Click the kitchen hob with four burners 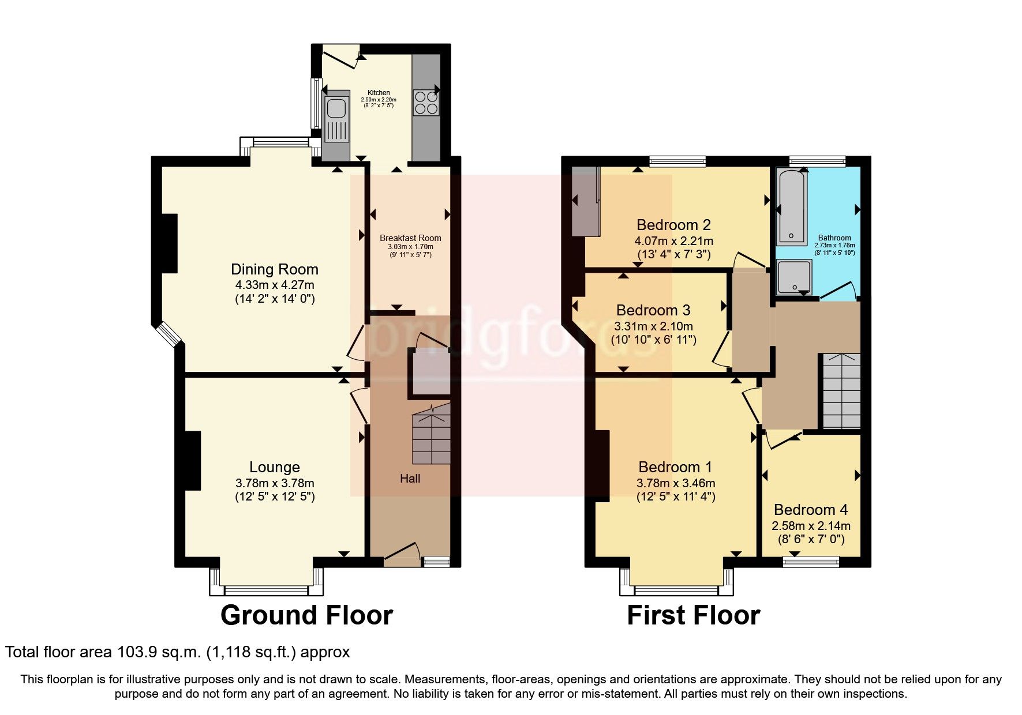point(426,102)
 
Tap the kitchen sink point(335,108)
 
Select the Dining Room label point(274,269)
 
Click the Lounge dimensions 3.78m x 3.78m point(274,483)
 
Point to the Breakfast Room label point(410,238)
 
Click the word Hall point(410,478)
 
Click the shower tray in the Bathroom point(794,277)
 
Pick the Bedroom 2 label point(673,224)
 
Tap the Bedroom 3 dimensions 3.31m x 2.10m point(653,326)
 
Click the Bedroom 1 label point(675,466)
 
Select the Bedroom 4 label point(810,509)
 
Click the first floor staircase point(841,391)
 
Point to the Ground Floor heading point(306,615)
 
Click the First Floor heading point(693,615)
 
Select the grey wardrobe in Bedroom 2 point(585,201)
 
